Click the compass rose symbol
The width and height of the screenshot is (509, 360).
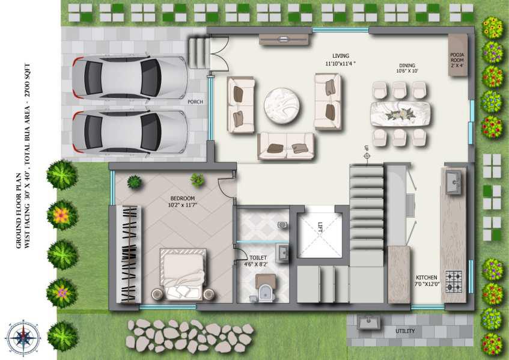23,338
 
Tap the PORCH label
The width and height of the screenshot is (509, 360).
195,102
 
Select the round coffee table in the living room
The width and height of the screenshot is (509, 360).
281,106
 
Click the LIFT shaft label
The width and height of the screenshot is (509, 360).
320,227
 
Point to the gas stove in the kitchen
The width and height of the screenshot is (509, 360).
454,281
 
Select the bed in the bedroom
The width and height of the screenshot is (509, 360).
183,273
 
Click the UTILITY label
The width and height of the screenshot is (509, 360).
405,331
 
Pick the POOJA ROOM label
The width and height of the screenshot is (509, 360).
457,60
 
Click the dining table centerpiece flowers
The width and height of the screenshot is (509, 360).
400,114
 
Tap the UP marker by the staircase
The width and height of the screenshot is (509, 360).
367,153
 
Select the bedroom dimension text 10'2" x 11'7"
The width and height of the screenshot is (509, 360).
183,205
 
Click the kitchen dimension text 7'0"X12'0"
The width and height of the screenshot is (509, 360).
427,284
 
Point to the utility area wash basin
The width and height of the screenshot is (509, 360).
368,322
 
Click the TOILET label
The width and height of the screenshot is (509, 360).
258,258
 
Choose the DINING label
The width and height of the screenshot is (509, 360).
407,66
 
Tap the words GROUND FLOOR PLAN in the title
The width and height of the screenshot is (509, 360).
19,211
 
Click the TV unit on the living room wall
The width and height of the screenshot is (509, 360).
284,39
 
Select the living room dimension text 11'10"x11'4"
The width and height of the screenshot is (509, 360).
340,64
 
